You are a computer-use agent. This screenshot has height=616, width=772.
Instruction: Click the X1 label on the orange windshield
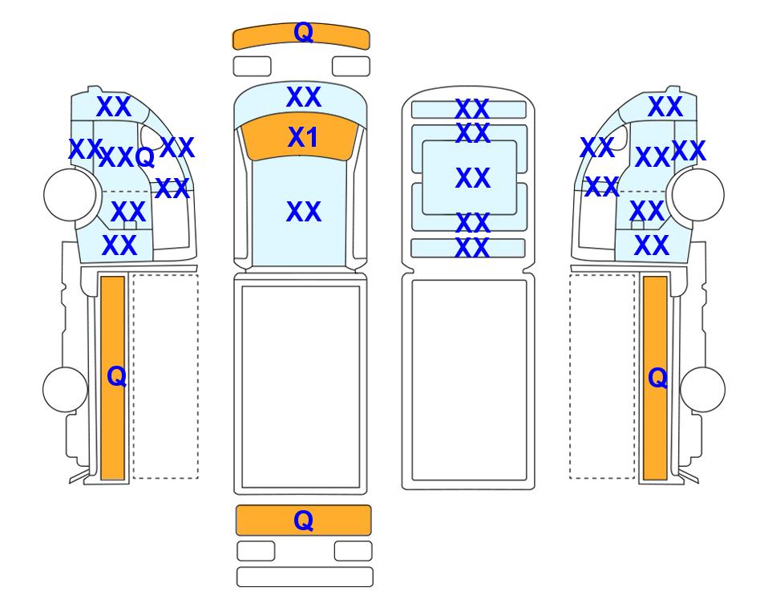click(303, 137)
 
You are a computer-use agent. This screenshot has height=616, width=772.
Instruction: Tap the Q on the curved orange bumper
click(303, 33)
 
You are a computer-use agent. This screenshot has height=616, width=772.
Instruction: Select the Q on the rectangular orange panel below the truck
click(303, 521)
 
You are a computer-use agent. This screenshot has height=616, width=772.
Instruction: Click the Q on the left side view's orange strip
click(117, 377)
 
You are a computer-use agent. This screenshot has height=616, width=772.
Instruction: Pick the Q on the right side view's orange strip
click(658, 379)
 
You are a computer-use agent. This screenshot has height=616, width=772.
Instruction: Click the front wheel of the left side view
click(70, 194)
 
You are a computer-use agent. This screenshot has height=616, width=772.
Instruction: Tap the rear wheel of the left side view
click(66, 389)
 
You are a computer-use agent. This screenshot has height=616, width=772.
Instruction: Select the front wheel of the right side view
click(698, 194)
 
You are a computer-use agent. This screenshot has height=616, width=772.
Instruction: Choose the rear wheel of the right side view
click(702, 389)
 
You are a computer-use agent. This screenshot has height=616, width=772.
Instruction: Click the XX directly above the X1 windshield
click(304, 97)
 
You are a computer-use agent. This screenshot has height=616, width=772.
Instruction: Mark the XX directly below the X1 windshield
click(304, 212)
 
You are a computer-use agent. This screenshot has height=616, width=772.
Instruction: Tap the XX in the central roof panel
click(473, 178)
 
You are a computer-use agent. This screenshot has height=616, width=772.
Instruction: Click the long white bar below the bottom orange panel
click(305, 577)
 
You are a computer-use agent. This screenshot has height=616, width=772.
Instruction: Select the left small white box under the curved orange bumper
click(252, 67)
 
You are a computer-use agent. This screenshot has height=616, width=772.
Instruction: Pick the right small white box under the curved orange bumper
click(351, 67)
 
